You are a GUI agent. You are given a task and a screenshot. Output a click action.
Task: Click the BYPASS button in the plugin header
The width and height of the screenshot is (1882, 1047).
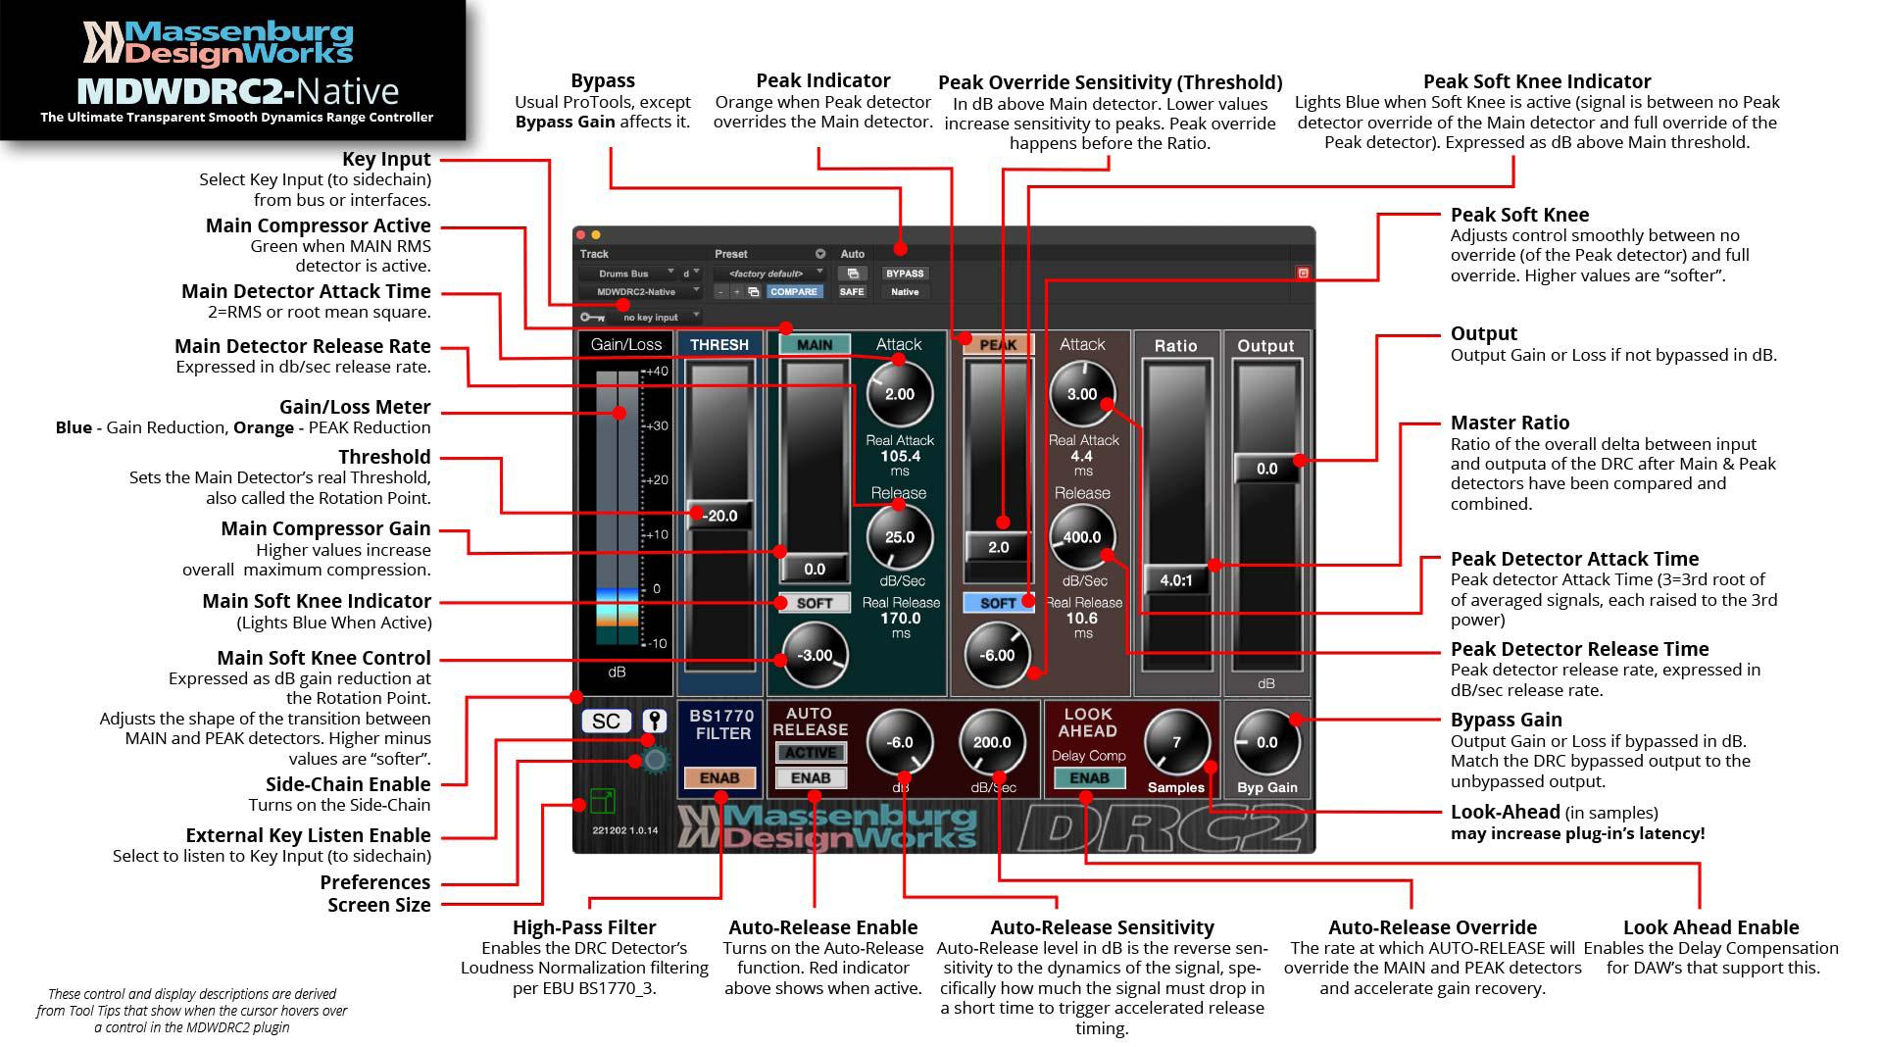(904, 274)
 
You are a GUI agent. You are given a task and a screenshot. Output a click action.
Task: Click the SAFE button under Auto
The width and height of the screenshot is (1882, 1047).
(852, 291)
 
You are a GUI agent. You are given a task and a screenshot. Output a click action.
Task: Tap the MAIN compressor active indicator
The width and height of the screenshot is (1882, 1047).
(814, 344)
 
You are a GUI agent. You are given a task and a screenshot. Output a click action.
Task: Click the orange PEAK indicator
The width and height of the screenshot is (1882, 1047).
(998, 344)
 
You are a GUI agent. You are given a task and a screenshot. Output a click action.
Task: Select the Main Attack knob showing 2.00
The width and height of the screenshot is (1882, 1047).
(899, 394)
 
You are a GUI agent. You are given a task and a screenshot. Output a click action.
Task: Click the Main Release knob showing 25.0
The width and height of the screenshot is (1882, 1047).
(899, 537)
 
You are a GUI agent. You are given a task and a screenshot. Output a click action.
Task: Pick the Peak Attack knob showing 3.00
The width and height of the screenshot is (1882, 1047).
(1082, 394)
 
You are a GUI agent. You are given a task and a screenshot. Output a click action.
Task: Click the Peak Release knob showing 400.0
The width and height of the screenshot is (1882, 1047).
(1082, 537)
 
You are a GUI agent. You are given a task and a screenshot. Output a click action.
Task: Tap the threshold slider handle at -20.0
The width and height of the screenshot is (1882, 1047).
(720, 516)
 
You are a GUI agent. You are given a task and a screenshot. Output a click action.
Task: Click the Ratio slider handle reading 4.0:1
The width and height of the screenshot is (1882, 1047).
(1176, 580)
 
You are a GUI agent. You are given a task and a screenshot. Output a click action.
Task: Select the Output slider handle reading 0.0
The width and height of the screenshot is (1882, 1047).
(1266, 469)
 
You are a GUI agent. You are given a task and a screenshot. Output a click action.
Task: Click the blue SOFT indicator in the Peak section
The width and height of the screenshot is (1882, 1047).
(998, 603)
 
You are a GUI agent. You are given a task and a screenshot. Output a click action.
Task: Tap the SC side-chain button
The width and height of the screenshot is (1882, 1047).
(606, 722)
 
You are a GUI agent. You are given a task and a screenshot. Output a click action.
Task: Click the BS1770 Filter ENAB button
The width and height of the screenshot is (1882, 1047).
(719, 777)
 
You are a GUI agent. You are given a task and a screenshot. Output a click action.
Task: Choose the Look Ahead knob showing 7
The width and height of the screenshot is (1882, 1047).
(1176, 742)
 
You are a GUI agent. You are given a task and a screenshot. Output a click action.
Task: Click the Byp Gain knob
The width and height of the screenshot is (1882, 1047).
(1266, 742)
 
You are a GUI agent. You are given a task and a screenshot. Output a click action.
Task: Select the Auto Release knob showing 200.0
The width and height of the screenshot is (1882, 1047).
(992, 742)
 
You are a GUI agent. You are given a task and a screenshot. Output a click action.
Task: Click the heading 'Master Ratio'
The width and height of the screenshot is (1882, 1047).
(1510, 423)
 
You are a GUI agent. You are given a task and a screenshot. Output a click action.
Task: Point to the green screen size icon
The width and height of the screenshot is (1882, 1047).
(602, 801)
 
